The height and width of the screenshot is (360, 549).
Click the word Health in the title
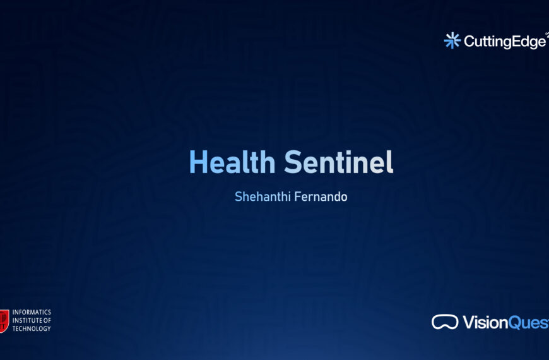[232, 163]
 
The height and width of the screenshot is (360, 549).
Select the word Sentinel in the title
[339, 163]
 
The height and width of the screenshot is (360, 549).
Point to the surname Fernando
[323, 196]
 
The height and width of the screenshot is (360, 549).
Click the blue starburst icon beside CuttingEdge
[452, 40]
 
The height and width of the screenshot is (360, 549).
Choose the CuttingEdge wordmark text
[505, 42]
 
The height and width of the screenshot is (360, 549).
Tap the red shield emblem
[4, 321]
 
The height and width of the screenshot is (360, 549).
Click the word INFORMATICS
[32, 313]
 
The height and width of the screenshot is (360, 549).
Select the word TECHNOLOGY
[32, 329]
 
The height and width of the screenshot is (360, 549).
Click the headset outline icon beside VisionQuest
[445, 322]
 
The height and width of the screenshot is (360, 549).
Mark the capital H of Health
[199, 163]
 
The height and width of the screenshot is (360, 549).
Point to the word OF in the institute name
[47, 321]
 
